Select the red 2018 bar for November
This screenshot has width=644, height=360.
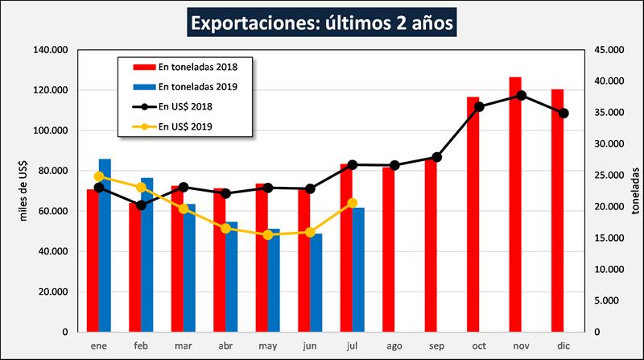(x=515, y=205)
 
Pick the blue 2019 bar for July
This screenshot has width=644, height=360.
(x=358, y=270)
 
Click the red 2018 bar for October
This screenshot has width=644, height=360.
(x=473, y=214)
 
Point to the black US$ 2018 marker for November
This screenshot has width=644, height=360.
(x=522, y=95)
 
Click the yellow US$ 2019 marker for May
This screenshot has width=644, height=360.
(x=268, y=234)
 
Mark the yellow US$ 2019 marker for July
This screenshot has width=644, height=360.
(x=352, y=203)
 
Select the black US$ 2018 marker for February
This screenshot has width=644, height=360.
(x=141, y=205)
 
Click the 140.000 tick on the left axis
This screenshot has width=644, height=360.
(x=49, y=50)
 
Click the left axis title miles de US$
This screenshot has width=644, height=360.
(x=25, y=191)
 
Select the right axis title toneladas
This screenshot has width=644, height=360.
(x=635, y=191)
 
